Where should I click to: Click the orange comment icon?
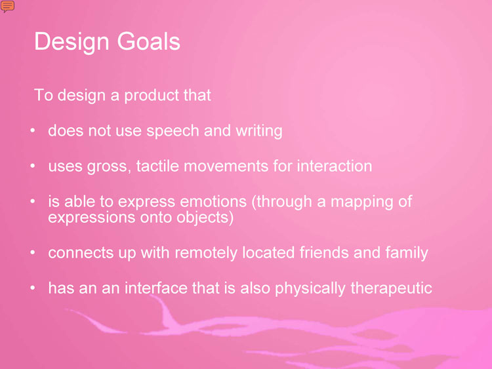7,6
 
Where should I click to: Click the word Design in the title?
72,42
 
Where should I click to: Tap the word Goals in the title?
148,41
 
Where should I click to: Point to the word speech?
173,131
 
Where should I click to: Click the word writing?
259,131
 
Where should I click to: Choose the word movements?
226,166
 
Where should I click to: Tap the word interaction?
334,166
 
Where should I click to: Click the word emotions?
213,202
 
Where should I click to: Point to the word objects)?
205,218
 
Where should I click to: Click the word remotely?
206,253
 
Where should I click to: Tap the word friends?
324,252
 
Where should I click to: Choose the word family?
407,253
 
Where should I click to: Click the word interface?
156,288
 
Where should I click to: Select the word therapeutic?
391,288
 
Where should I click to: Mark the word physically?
310,288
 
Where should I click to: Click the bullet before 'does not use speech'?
33,130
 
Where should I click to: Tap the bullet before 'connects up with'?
33,252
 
